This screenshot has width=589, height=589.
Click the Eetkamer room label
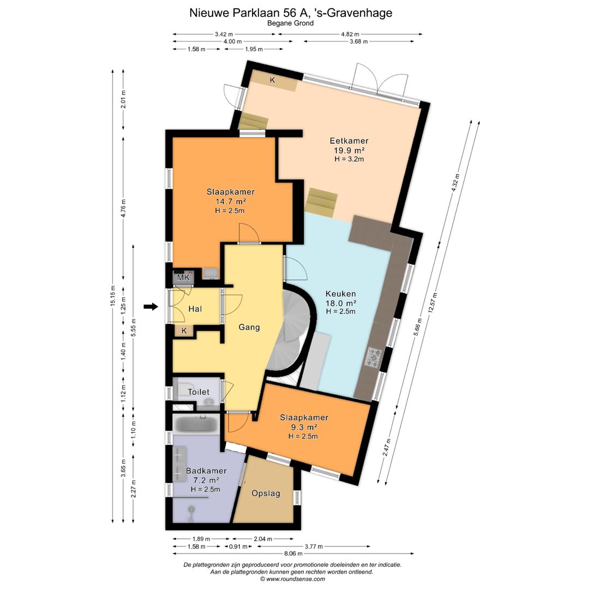click(349, 141)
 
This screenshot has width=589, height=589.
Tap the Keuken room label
click(341, 294)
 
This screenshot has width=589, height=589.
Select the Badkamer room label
click(206, 471)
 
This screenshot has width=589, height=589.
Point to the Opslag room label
click(266, 493)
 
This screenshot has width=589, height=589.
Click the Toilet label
click(199, 392)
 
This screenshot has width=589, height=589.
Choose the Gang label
click(249, 327)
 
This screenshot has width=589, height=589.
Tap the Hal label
click(195, 309)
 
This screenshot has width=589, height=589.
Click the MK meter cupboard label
click(183, 278)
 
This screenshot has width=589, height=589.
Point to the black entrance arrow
click(151, 307)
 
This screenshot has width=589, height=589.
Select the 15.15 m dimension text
click(113, 296)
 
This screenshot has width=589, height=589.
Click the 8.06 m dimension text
click(293, 554)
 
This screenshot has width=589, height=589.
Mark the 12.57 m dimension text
click(435, 302)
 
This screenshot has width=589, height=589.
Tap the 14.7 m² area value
click(230, 201)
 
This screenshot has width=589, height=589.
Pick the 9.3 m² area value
click(304, 427)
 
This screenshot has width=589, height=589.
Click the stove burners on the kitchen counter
click(373, 358)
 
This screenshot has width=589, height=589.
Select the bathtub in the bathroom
click(196, 424)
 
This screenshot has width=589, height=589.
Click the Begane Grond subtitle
click(290, 23)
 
